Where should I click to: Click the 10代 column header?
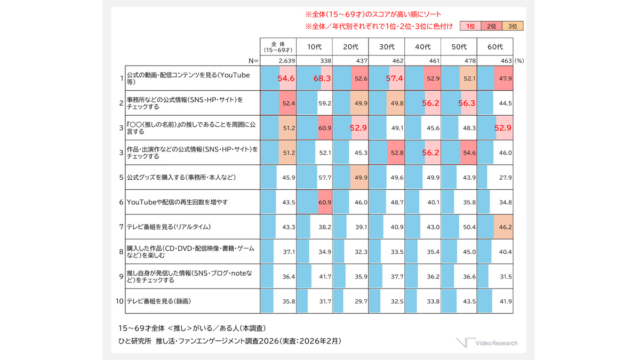tap(314, 47)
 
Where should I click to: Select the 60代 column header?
tap(495, 47)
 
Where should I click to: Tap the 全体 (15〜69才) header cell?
tap(278, 47)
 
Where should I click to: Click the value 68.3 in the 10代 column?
tap(322, 78)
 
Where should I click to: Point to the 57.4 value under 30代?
tap(395, 78)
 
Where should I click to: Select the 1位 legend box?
tap(470, 26)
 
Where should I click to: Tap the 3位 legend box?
tap(513, 26)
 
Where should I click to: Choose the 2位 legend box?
tap(491, 26)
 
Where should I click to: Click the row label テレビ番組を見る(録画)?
tap(158, 301)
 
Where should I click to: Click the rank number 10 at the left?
tap(119, 301)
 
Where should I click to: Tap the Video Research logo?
tap(486, 343)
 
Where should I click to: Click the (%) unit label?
tap(519, 61)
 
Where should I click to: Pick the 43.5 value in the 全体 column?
tap(289, 202)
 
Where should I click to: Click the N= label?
tap(254, 61)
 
